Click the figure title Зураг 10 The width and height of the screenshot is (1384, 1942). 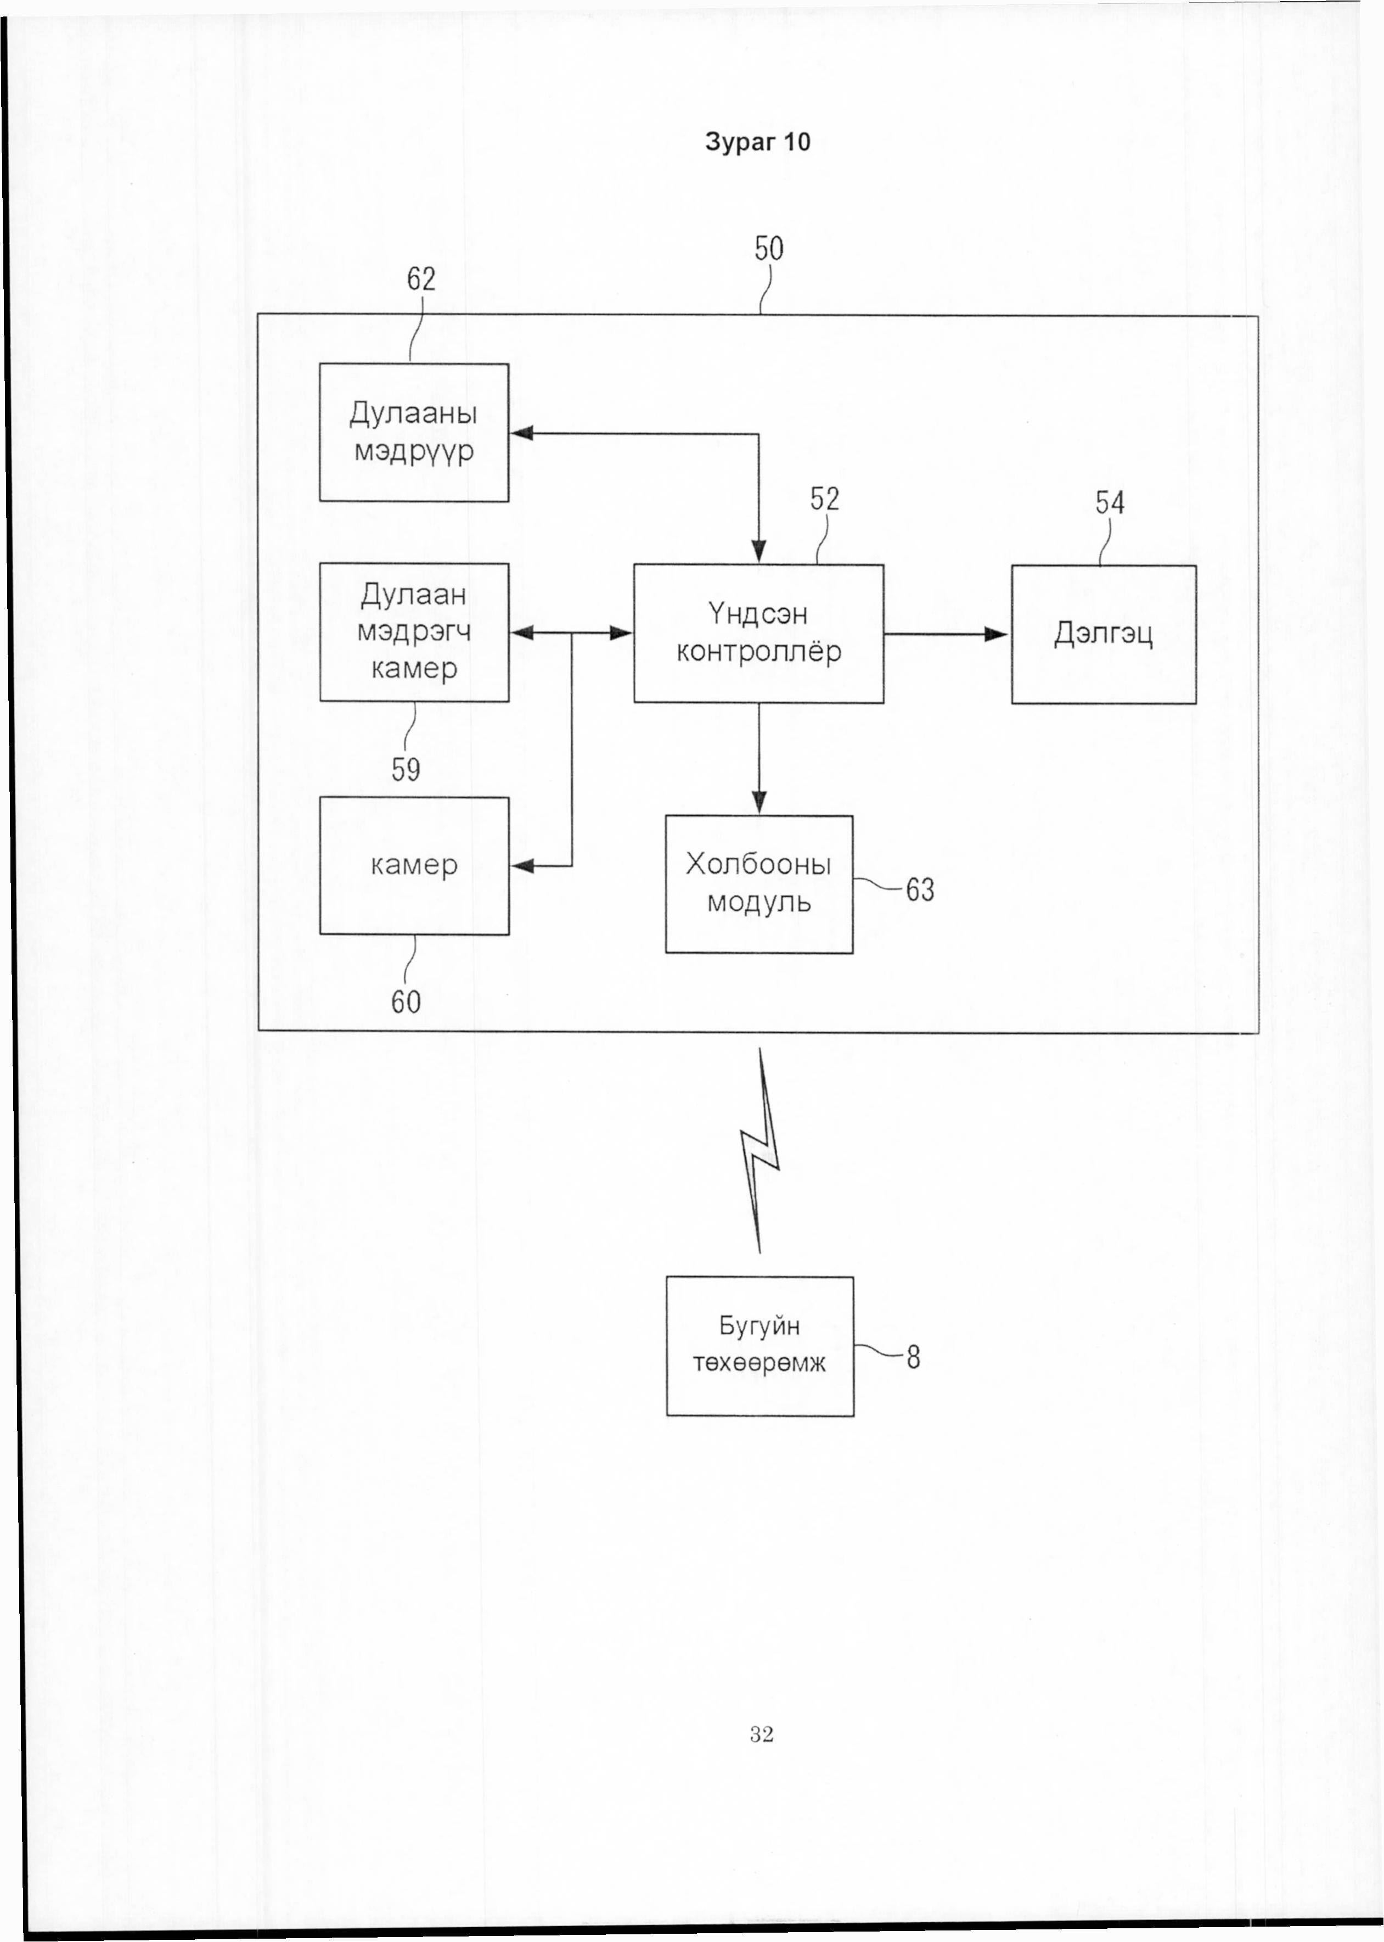[x=758, y=142]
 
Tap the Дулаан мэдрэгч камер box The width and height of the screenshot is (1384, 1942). [x=414, y=632]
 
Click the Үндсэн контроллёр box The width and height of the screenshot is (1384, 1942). [x=758, y=634]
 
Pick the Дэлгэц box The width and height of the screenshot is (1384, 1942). [x=1104, y=634]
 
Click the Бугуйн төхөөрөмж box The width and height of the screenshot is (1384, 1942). [x=760, y=1346]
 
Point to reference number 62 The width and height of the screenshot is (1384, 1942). [x=421, y=279]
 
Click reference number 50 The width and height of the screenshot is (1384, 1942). [x=769, y=248]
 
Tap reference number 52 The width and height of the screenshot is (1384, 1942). [x=825, y=499]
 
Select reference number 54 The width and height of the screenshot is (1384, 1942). [x=1110, y=502]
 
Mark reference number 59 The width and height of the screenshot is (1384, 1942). [x=406, y=770]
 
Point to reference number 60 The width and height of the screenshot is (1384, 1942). [x=406, y=1001]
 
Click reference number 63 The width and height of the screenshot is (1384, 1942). [x=920, y=890]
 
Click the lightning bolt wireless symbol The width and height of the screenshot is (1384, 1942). [x=760, y=1151]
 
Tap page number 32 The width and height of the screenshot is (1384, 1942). [x=762, y=1733]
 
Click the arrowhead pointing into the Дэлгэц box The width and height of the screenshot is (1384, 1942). [x=997, y=634]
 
